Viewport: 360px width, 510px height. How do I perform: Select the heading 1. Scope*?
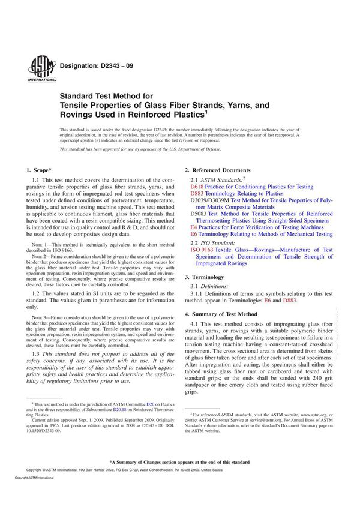(x=41, y=171)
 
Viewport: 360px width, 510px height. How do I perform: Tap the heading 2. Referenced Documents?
(x=218, y=170)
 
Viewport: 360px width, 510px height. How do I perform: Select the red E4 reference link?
(x=193, y=227)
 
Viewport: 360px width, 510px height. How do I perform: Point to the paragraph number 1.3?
(x=35, y=354)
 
